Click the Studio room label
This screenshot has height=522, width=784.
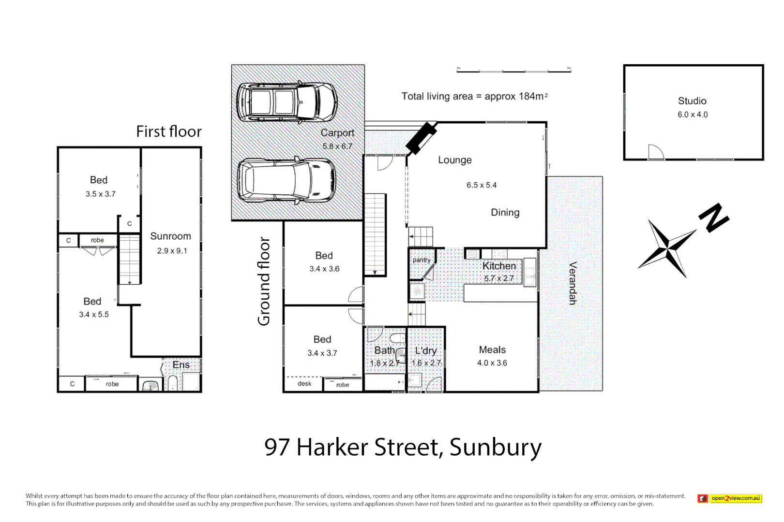(x=692, y=101)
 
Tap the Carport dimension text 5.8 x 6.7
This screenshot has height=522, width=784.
(x=337, y=146)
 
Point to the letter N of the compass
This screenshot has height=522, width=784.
(x=713, y=218)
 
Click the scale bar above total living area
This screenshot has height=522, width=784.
(x=513, y=71)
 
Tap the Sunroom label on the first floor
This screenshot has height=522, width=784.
(x=170, y=236)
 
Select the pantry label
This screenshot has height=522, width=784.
(x=421, y=260)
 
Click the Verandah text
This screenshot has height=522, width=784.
(x=572, y=283)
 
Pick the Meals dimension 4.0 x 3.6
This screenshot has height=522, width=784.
(x=492, y=363)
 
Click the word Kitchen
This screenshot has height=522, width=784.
(x=499, y=266)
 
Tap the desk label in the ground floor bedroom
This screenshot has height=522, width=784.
(x=304, y=384)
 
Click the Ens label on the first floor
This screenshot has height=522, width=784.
(x=181, y=365)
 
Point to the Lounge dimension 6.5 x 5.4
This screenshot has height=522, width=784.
(x=481, y=185)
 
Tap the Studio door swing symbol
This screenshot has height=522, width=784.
(x=655, y=152)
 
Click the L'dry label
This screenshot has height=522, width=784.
(x=426, y=351)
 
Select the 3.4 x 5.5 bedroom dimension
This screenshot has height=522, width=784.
(x=94, y=315)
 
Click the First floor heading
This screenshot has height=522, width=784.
(x=168, y=131)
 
